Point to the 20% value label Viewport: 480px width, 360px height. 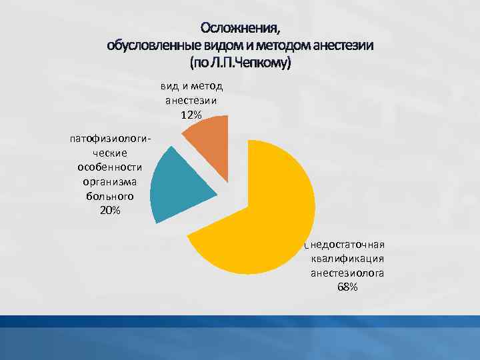click(110, 211)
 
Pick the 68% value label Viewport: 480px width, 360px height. click(347, 287)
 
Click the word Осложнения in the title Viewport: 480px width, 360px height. click(241, 29)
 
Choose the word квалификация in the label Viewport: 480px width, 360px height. click(347, 259)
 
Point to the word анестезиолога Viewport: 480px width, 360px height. click(347, 273)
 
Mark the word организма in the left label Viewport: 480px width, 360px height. click(110, 182)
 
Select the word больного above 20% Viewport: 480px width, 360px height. click(110, 197)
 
